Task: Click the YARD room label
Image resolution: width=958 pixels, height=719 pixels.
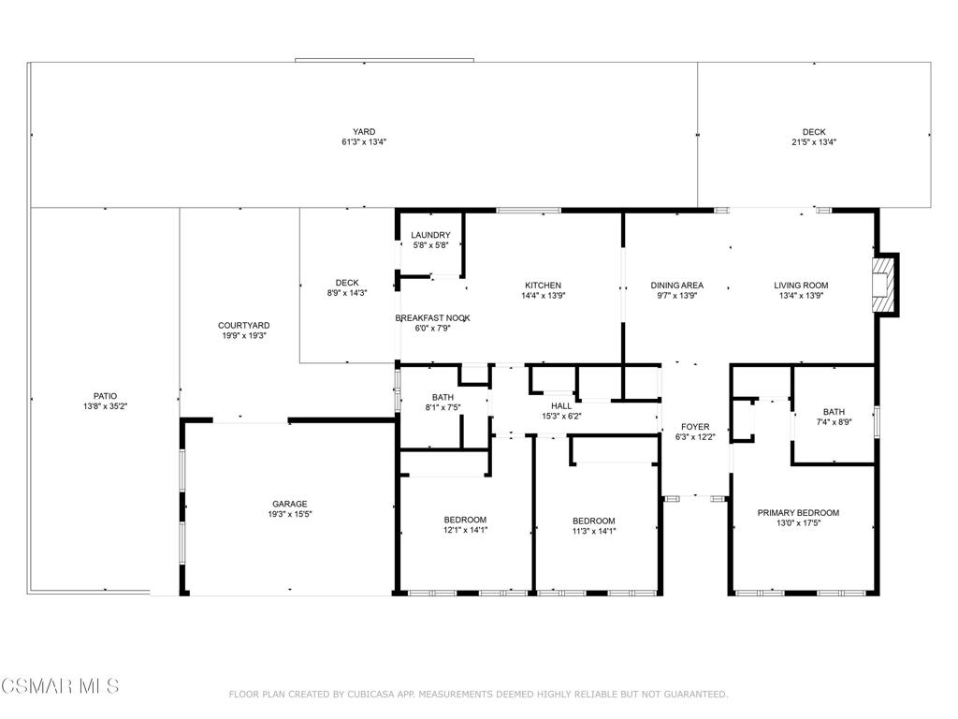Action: coord(364,131)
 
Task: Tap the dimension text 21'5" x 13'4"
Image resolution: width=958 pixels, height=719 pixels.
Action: coord(814,142)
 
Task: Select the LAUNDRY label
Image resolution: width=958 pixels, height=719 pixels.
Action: coord(430,235)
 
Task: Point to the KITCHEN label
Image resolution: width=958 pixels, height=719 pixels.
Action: coord(544,285)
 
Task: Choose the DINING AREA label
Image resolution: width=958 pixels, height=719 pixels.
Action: coord(677,285)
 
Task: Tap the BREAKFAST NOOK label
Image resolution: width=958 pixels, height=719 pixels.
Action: coord(432,318)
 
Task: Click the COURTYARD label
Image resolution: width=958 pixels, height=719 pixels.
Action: coord(244,325)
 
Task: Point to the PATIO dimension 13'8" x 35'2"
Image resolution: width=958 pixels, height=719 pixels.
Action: coord(105,406)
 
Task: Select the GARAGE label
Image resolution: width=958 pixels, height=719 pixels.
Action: coord(290,504)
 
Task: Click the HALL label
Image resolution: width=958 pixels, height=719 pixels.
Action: coord(561,405)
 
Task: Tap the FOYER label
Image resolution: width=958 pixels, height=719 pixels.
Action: coord(695,427)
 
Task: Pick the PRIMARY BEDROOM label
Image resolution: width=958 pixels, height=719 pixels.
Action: coord(799,512)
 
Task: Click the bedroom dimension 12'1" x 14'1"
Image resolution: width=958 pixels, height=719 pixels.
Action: coord(466,530)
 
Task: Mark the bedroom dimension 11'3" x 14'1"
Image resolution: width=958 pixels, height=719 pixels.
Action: coord(594,531)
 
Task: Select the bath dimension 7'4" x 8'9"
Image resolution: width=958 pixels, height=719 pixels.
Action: coord(834,422)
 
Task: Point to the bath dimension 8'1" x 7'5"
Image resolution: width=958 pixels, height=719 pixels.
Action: coord(443,407)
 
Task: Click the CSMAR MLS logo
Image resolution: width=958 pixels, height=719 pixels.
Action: coord(61,685)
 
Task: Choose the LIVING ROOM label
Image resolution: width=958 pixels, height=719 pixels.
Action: coord(801,285)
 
